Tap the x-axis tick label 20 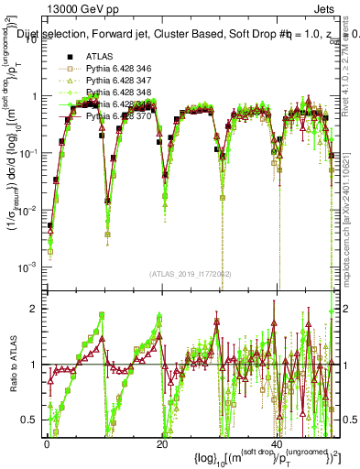tap(161, 443)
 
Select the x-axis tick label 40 tap(277, 443)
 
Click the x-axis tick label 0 tap(47, 443)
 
